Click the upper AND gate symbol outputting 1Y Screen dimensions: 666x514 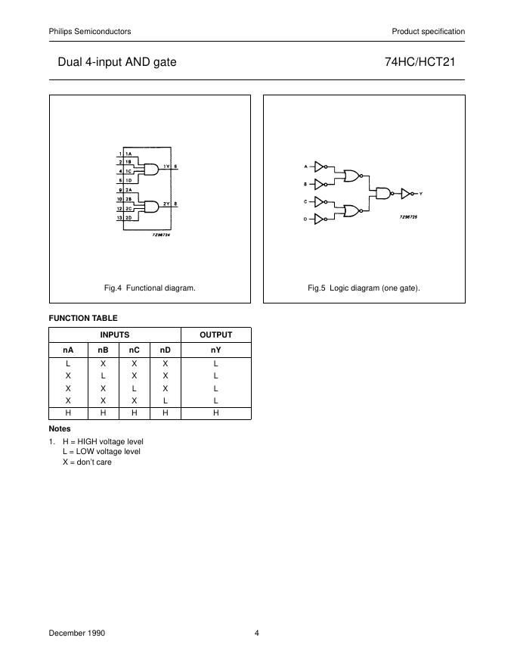point(151,169)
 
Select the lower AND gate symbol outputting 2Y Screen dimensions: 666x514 point(151,206)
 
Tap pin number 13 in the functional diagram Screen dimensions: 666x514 point(120,218)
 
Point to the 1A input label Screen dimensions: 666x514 point(129,154)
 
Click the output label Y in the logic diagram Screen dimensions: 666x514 point(420,195)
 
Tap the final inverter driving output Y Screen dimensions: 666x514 point(407,194)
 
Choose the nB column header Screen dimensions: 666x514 point(104,351)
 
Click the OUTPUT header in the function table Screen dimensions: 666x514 point(215,335)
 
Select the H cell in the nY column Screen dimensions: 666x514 point(215,412)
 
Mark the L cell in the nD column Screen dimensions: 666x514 point(165,400)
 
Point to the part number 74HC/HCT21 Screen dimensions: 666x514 point(424,62)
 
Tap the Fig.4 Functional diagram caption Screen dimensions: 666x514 point(150,288)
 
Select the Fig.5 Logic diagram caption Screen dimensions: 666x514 point(364,288)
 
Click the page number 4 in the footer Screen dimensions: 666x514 point(257,633)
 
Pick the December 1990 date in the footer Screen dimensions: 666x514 point(77,633)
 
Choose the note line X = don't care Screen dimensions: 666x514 point(87,462)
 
